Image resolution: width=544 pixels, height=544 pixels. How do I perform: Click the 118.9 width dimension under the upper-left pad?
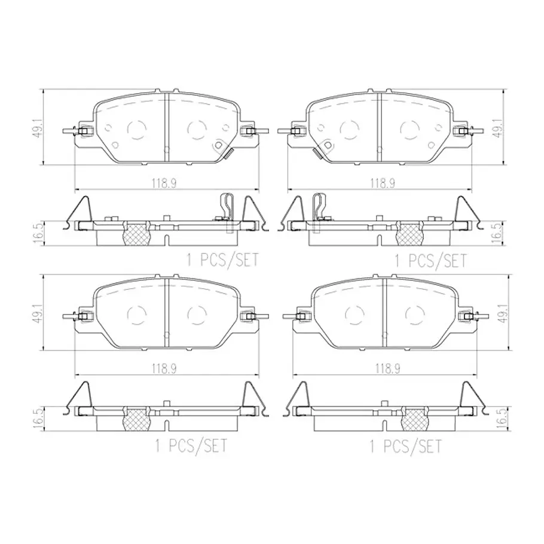164,183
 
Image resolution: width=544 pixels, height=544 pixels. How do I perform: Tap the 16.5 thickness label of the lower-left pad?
38,419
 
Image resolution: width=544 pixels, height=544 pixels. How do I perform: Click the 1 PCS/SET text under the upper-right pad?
431,261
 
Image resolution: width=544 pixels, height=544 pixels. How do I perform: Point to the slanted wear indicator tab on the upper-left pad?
228,153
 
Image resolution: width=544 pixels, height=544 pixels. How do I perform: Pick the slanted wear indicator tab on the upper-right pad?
317,153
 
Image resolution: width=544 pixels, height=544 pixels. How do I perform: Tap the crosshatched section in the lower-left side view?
137,418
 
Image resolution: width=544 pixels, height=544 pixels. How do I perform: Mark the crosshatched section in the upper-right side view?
409,233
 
